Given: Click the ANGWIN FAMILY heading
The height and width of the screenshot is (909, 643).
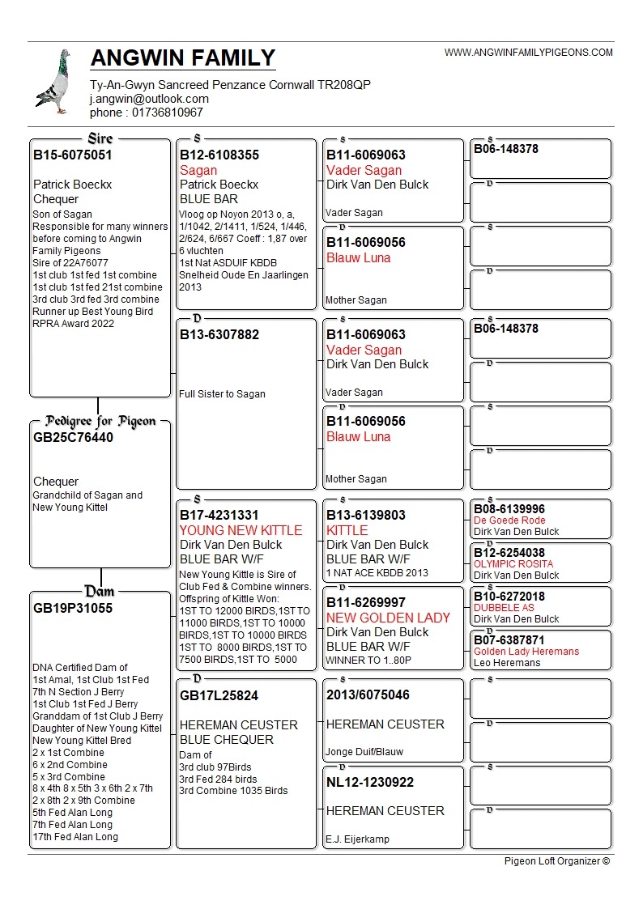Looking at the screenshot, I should [183, 58].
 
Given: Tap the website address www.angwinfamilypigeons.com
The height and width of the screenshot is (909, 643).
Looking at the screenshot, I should [528, 53].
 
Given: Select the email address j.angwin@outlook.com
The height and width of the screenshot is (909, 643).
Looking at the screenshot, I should [149, 99].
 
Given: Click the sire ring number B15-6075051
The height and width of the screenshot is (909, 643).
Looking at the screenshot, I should [72, 155].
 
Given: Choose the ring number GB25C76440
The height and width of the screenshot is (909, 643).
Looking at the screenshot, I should [73, 438].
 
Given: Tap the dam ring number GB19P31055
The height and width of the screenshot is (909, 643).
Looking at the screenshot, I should [73, 608].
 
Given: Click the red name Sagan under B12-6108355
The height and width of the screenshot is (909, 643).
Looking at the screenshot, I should [198, 170].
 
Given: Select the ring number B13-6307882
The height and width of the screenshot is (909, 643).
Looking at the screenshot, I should [219, 334].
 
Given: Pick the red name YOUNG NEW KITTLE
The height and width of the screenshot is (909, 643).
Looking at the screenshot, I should [241, 530].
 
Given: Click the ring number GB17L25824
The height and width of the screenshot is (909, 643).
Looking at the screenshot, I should [219, 695].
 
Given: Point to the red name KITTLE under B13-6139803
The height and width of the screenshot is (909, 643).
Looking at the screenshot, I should [347, 530].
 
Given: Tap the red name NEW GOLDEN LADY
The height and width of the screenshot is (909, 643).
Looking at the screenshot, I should [388, 618].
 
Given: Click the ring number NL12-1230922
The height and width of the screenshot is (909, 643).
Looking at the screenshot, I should [369, 782].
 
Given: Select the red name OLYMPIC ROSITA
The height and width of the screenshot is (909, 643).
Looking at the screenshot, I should [513, 564].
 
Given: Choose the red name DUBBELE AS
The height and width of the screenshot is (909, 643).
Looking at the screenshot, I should [504, 608].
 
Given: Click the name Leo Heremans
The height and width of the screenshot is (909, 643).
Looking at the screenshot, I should [507, 663].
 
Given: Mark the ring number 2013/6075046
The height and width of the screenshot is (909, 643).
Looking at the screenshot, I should [368, 694].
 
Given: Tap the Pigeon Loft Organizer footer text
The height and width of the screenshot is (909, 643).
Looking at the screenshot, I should [556, 861].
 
